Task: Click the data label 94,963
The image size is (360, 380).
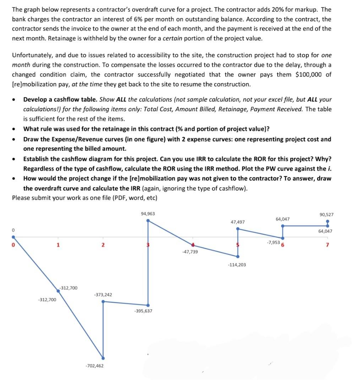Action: pyautogui.click(x=148, y=214)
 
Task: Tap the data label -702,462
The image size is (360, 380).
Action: pyautogui.click(x=94, y=365)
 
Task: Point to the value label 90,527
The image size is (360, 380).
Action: pyautogui.click(x=326, y=215)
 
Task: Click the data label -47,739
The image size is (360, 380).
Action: pyautogui.click(x=190, y=251)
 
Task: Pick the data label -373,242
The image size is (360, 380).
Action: pyautogui.click(x=103, y=295)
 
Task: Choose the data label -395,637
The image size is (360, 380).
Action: pyautogui.click(x=143, y=311)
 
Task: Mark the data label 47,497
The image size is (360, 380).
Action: pyautogui.click(x=238, y=222)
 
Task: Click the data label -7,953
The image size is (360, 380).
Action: pyautogui.click(x=273, y=242)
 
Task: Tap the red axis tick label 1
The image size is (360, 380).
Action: pyautogui.click(x=58, y=245)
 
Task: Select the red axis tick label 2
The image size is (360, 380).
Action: pyautogui.click(x=103, y=245)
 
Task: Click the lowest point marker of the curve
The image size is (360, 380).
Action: pyautogui.click(x=103, y=358)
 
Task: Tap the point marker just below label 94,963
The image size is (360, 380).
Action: pyautogui.click(x=148, y=220)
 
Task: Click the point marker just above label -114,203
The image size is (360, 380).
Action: pyautogui.click(x=238, y=256)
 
